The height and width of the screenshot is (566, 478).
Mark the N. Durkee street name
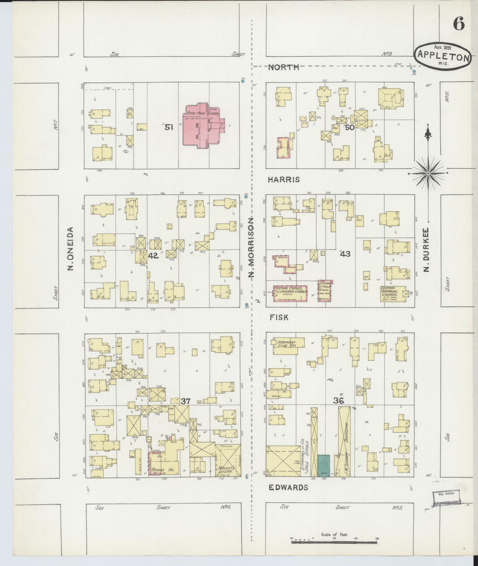click(427, 249)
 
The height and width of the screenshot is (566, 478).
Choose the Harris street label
click(284, 179)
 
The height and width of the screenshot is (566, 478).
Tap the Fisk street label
click(279, 317)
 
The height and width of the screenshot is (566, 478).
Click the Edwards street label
click(288, 487)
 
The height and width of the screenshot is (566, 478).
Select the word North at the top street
click(284, 67)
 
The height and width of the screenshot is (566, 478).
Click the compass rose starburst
click(428, 174)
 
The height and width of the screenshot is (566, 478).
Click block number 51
click(169, 127)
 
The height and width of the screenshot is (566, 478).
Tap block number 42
click(153, 256)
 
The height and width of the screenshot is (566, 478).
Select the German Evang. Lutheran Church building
click(290, 293)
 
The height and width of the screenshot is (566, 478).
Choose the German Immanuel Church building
click(392, 293)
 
